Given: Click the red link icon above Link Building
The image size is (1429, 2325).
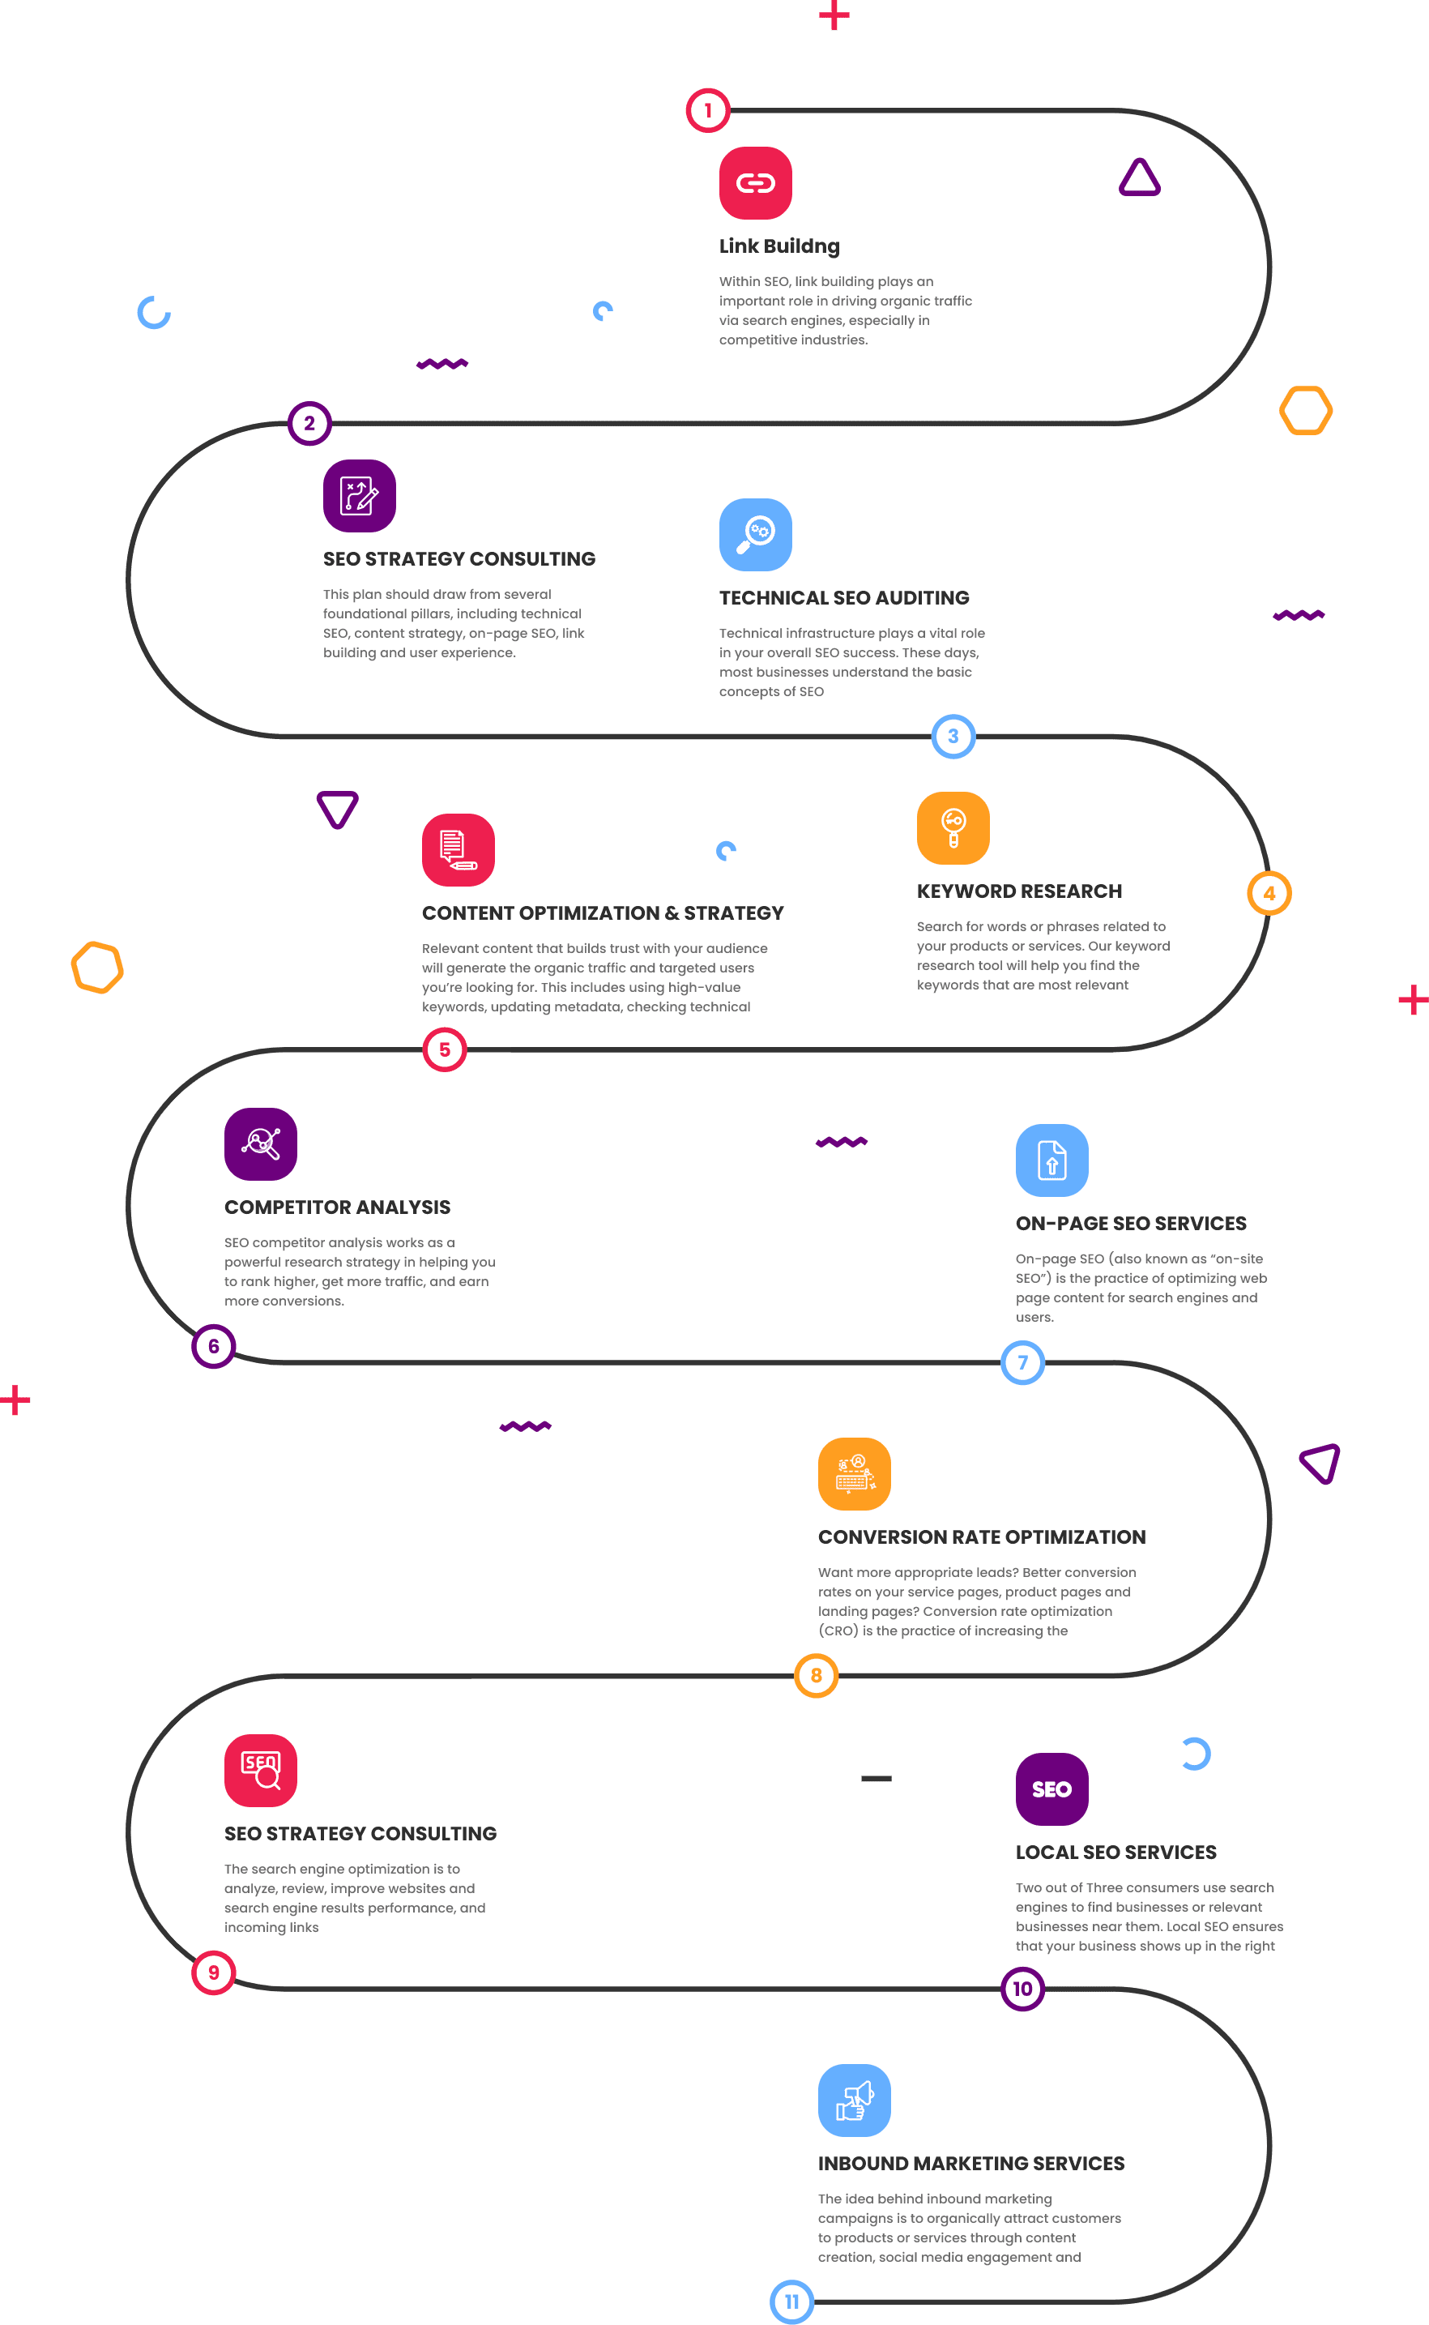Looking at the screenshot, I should tap(755, 182).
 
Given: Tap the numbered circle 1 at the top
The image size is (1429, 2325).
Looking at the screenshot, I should tap(708, 111).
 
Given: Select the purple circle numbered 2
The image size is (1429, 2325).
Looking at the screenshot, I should tap(309, 424).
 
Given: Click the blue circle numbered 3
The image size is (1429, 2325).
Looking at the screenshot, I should tap(953, 737).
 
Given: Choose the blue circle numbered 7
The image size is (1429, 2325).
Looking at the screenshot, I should tap(1022, 1362).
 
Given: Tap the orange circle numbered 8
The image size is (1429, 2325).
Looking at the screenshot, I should tap(817, 1675).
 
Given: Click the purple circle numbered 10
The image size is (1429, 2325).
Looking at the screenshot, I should tap(1022, 1989).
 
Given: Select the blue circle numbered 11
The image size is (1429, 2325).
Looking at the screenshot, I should tap(792, 2301).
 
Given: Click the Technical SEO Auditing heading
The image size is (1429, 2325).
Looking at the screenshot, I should tap(844, 597).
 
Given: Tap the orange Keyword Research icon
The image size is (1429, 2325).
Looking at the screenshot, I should tap(953, 828).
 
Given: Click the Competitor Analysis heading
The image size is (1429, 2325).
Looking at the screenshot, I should tap(337, 1207).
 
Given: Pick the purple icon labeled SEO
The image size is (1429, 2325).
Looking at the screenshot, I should tap(1051, 1789).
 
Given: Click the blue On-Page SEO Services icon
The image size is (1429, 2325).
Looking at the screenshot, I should tap(1051, 1160).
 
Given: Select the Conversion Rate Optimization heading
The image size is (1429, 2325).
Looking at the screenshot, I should tap(981, 1537).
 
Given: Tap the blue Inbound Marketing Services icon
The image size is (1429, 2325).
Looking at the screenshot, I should tap(855, 2100).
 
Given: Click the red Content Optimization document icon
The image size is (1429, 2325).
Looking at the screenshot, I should tap(459, 850).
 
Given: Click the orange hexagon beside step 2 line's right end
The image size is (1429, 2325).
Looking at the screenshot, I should tap(1305, 410).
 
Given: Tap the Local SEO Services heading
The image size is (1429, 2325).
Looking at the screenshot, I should tap(1115, 1853).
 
